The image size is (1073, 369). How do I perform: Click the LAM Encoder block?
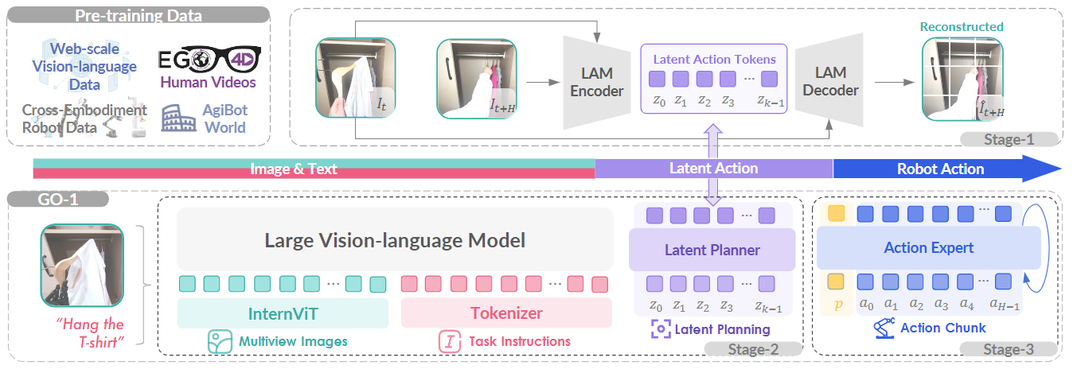[597, 82]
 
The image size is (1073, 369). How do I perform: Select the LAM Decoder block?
[829, 82]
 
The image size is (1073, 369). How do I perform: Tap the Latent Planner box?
[712, 250]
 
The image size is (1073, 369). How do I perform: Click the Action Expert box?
[928, 247]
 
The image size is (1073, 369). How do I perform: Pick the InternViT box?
[283, 313]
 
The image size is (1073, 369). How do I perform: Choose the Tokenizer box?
[506, 313]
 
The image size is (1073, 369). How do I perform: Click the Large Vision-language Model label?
[395, 239]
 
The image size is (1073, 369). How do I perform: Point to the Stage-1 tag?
[1009, 140]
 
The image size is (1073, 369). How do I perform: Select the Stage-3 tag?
[1009, 350]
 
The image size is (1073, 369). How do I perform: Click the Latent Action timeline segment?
[713, 169]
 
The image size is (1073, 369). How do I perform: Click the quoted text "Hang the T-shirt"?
[90, 333]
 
